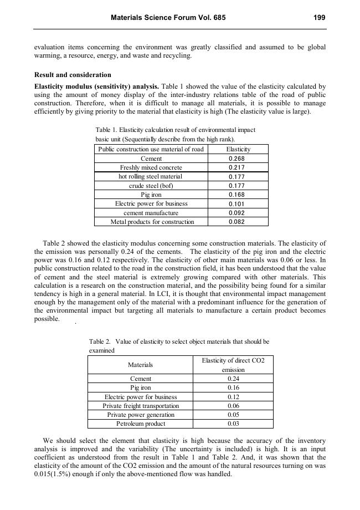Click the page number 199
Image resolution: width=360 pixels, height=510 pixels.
[x=319, y=18]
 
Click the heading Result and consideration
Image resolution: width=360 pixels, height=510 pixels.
[x=73, y=75]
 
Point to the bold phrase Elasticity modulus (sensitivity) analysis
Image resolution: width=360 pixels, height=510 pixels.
[x=97, y=86]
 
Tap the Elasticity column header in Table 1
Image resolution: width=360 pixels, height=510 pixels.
[x=238, y=149]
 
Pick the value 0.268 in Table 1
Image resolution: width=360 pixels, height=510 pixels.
[x=237, y=159]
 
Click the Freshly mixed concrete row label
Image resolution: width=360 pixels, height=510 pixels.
[x=151, y=167]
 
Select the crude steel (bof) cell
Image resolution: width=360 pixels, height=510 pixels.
[x=151, y=186]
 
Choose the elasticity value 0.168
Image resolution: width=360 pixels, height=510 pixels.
[x=237, y=195]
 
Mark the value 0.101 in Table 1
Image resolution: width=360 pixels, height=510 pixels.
[x=237, y=203]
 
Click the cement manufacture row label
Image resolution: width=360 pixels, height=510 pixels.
[x=151, y=213]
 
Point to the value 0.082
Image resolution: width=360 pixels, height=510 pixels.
[x=237, y=222]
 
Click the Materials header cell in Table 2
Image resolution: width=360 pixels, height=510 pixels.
[x=140, y=365]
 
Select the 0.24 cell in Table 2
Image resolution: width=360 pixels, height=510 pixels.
[x=233, y=379]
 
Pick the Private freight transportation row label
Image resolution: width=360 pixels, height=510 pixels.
[x=141, y=406]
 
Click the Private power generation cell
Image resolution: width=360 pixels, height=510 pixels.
[x=141, y=415]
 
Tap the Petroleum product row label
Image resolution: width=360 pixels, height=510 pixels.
[x=141, y=424]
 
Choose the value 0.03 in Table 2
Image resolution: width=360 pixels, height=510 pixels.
[x=233, y=424]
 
